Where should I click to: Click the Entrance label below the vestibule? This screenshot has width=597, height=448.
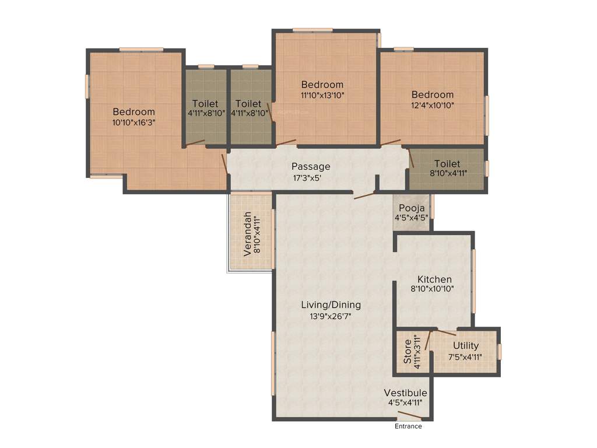[x=408, y=426]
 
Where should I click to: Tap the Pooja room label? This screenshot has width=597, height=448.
[x=412, y=208]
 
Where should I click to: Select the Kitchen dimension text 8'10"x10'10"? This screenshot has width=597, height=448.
[x=432, y=288]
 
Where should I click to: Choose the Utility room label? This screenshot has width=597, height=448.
[x=465, y=346]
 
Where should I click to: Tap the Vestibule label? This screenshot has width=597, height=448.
[x=405, y=393]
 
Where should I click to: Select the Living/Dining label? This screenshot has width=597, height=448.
[x=331, y=304]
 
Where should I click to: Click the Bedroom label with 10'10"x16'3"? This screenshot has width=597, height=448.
[x=134, y=112]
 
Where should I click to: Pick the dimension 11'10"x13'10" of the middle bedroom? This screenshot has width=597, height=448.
[x=322, y=95]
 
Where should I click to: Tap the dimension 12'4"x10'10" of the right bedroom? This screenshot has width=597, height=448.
[x=432, y=106]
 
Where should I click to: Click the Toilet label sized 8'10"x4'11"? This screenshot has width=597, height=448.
[x=447, y=164]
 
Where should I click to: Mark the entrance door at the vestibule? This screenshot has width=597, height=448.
[x=409, y=416]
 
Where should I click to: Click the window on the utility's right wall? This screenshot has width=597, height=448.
[x=500, y=352]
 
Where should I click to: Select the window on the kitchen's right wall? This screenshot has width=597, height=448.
[x=474, y=281]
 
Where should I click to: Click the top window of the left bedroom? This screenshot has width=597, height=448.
[x=141, y=50]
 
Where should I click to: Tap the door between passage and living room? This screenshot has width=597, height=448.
[x=364, y=194]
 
